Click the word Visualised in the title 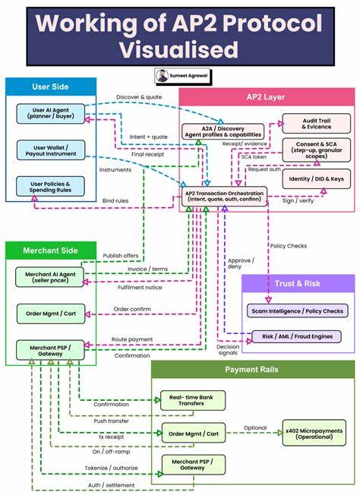coord(179,50)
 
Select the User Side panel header coord(51,87)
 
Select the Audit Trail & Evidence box coord(316,124)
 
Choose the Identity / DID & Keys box coord(316,178)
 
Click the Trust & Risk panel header coord(297,283)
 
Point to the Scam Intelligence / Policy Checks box coord(297,310)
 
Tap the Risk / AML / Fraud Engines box coord(297,336)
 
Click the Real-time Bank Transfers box coord(192,401)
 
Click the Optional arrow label coord(254,427)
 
